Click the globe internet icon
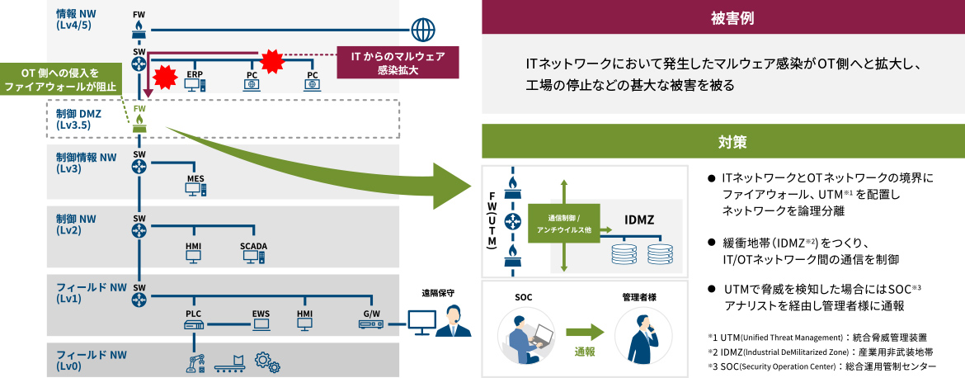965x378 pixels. [x=424, y=30]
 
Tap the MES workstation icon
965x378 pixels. [x=195, y=190]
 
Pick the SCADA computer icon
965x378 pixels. [x=253, y=257]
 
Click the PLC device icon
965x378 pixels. [x=194, y=324]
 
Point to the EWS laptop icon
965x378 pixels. [x=261, y=324]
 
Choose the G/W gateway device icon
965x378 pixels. [x=371, y=324]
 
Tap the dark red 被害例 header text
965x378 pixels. [x=722, y=17]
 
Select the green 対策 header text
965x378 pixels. [x=722, y=142]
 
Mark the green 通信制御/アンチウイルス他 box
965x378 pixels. [x=559, y=224]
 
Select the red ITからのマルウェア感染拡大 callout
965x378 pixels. [x=398, y=63]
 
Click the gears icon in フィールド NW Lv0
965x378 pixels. [x=266, y=360]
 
